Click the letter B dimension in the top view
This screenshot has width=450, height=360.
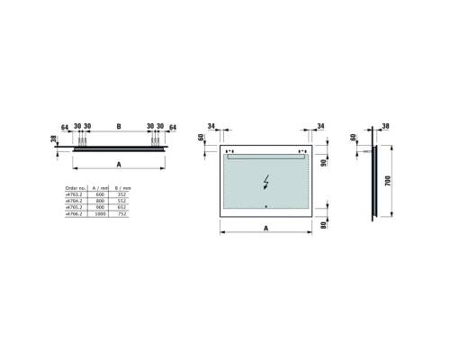pos(118,126)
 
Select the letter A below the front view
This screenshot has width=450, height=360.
pos(265,229)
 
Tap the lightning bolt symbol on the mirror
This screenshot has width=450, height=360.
pos(265,181)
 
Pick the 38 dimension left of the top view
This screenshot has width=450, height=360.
pos(55,141)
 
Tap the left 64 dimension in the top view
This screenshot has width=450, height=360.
pos(65,127)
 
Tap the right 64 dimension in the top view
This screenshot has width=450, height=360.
pos(172,127)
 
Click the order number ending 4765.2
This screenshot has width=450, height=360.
pos(72,208)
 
